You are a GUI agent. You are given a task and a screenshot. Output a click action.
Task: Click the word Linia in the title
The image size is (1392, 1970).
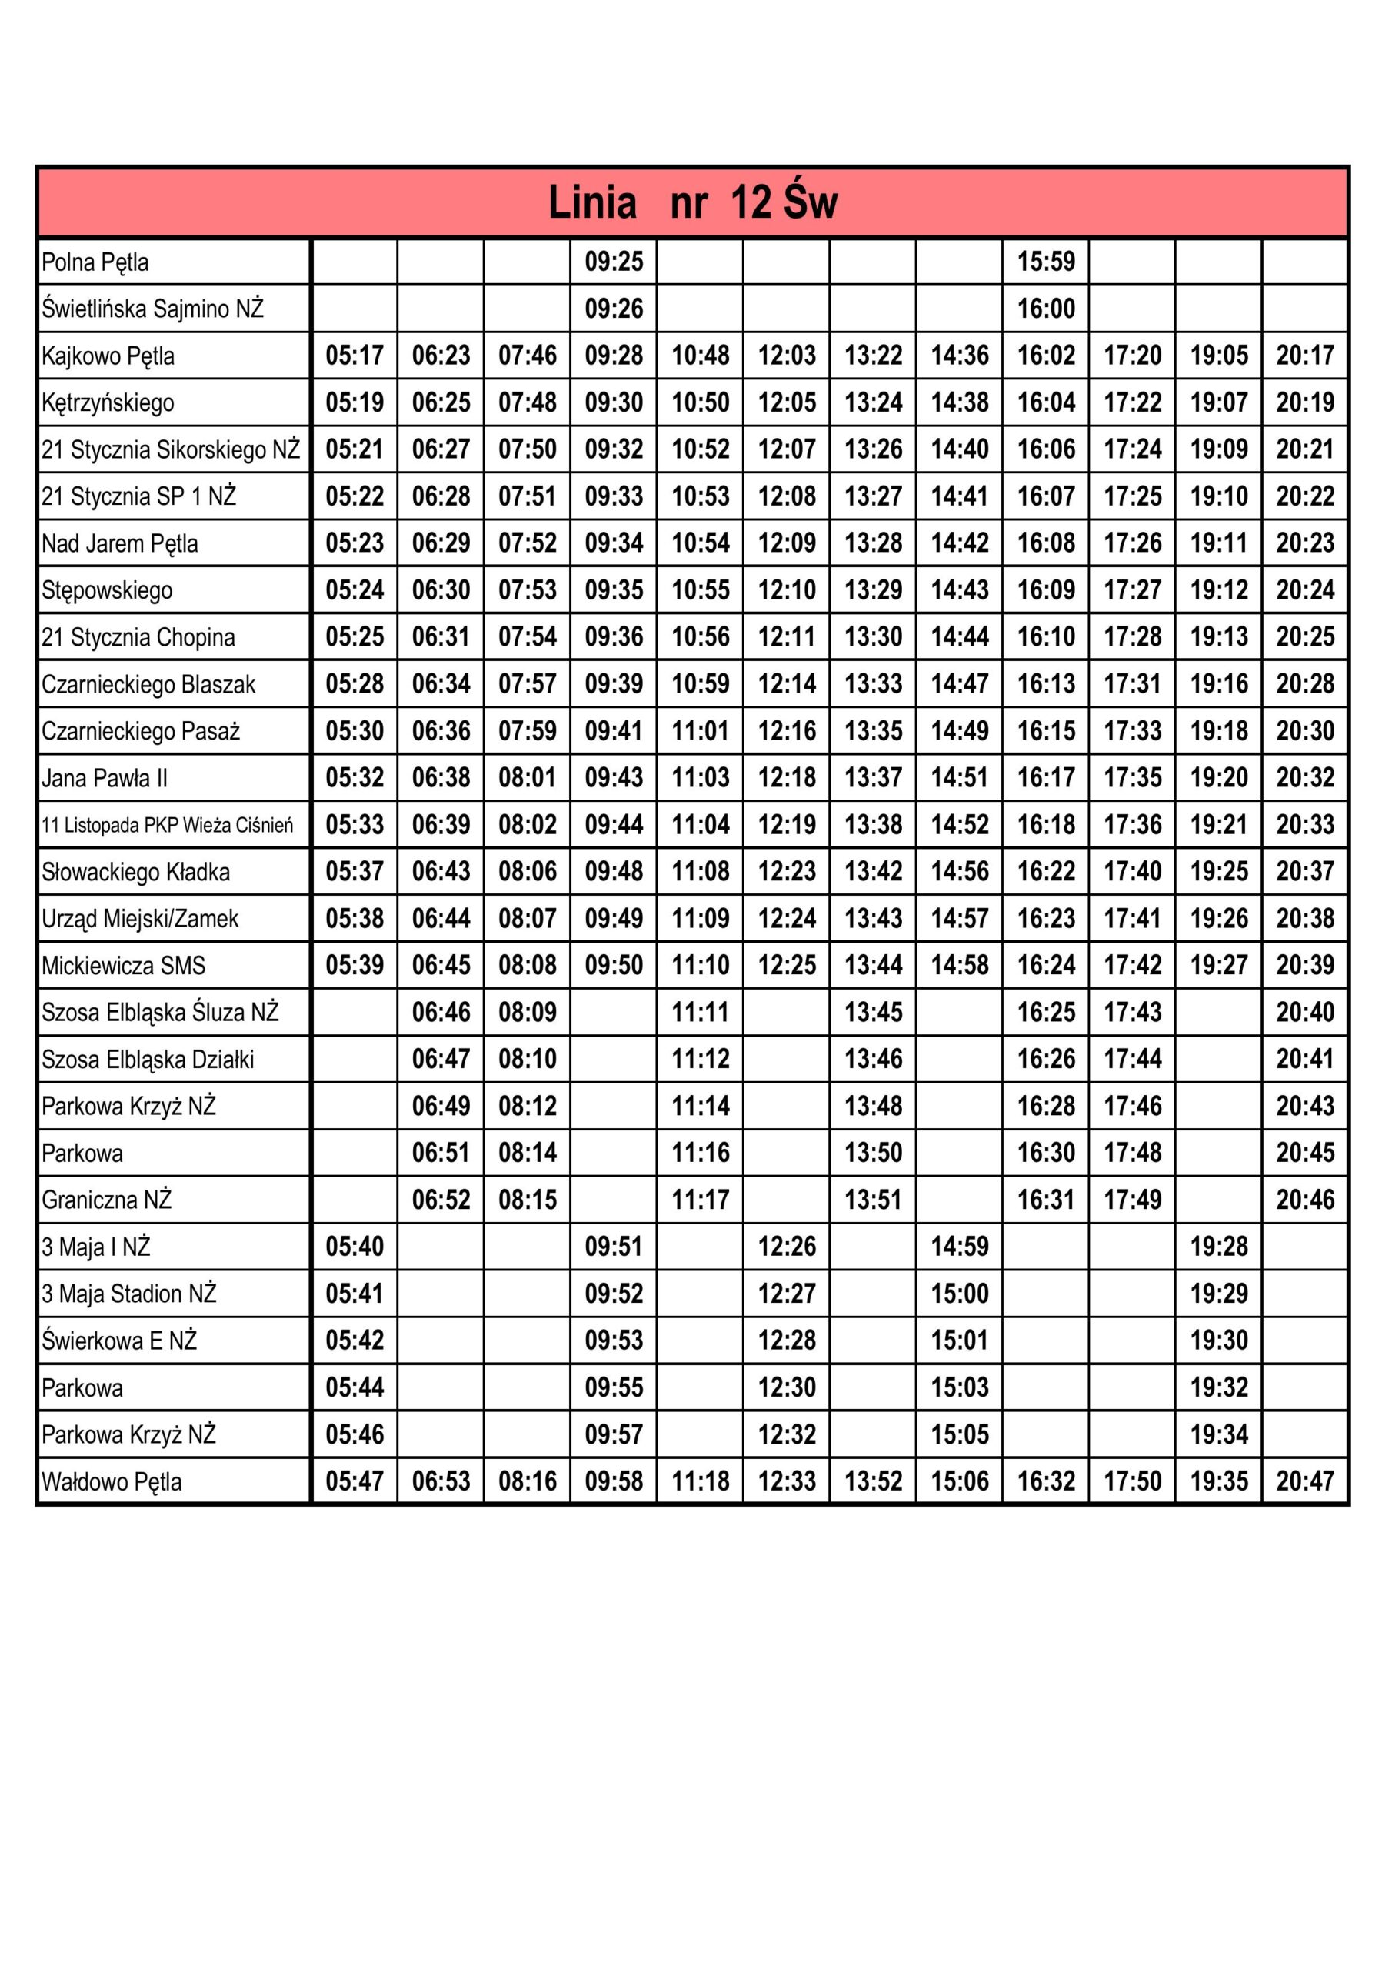point(592,203)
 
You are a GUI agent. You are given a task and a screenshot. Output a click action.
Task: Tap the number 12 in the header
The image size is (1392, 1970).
point(751,203)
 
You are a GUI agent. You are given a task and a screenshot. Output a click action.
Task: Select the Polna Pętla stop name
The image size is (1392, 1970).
point(95,262)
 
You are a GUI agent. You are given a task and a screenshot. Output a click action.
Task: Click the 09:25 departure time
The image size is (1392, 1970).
point(613,261)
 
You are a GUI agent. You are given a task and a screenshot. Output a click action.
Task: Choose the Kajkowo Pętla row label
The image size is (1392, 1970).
point(108,356)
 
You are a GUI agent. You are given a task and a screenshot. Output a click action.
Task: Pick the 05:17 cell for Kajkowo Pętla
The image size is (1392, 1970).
point(355,356)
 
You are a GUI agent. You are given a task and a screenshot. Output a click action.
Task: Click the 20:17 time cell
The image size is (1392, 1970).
point(1304,356)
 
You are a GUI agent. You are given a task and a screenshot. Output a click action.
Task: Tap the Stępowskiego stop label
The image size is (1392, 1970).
point(107,590)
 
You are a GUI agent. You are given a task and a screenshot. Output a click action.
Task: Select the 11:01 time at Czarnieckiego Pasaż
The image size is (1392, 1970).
point(700,731)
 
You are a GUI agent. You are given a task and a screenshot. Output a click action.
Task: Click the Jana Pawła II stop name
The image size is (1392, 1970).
point(105,778)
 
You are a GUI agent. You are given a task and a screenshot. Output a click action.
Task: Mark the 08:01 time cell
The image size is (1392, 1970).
point(528,778)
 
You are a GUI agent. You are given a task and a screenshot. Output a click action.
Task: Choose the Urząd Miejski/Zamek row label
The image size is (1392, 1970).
point(140,919)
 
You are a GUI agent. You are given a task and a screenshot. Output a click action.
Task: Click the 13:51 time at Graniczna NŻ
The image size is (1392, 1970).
point(873,1200)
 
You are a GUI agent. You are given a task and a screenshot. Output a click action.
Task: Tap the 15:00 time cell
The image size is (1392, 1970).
point(960,1293)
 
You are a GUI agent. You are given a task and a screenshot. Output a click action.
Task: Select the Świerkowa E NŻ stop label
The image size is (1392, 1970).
point(119,1341)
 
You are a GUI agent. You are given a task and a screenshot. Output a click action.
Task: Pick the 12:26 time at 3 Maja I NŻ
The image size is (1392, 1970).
point(787,1247)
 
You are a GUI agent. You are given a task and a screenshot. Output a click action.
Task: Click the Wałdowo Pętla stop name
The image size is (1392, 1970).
point(112,1482)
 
